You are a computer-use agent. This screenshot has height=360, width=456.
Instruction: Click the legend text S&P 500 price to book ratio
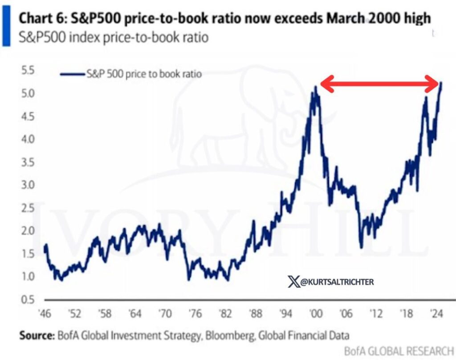tap(143, 74)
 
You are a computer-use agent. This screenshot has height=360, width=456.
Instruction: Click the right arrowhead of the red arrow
tap(434, 84)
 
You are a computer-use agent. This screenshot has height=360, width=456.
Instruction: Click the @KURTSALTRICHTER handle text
tap(331, 282)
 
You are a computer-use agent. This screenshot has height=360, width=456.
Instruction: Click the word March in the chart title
tap(326, 18)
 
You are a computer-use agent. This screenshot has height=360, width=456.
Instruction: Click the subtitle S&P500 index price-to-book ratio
tap(113, 37)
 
